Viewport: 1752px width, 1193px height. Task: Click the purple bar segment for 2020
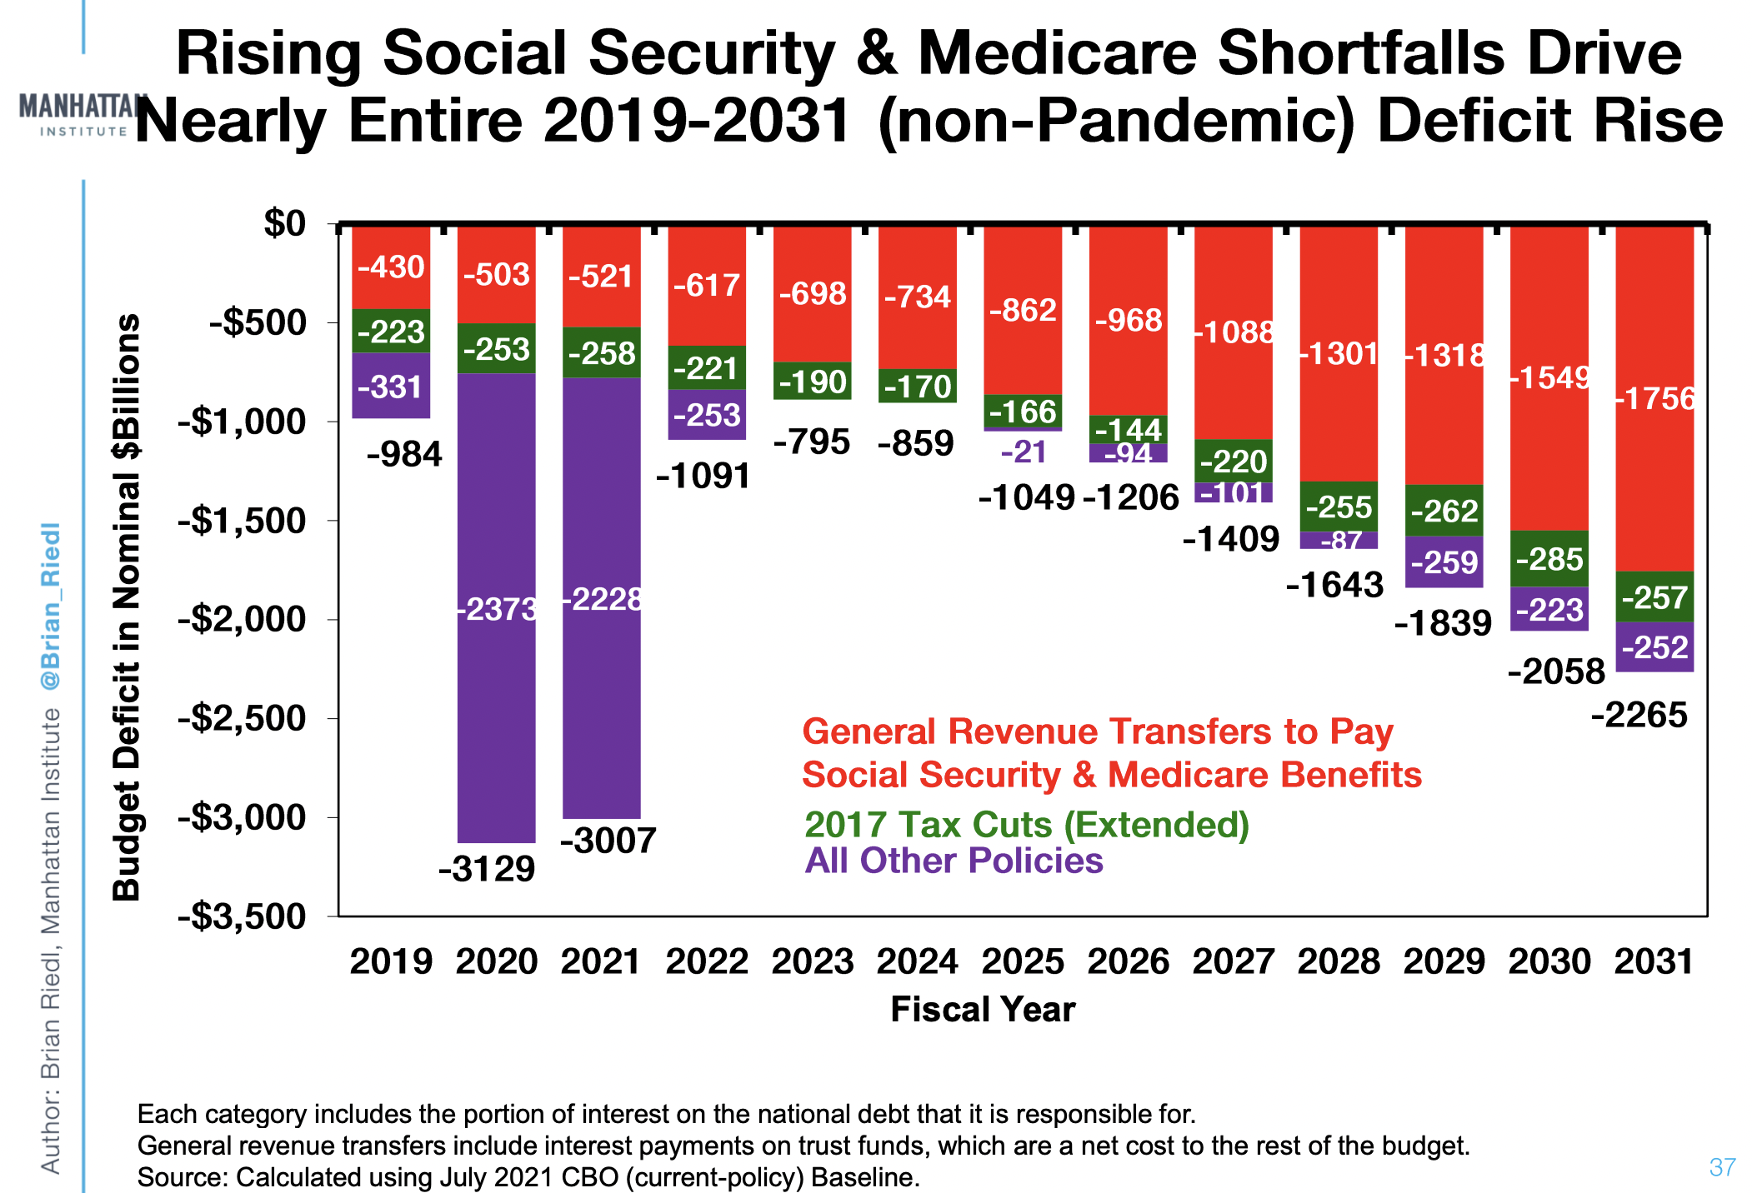(x=497, y=608)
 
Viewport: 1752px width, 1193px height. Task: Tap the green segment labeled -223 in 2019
(x=391, y=332)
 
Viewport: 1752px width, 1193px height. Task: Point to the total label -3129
(x=487, y=869)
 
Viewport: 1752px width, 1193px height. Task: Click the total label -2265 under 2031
(x=1639, y=715)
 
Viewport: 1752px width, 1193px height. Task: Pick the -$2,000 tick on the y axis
(x=242, y=620)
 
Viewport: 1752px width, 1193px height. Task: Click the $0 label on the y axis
(x=285, y=223)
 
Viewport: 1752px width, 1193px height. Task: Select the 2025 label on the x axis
(x=1023, y=961)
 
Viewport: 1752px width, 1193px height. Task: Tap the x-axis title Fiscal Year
(x=983, y=1009)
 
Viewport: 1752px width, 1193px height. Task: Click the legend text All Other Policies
(x=954, y=861)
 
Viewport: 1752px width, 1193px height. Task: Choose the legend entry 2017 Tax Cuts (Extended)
(x=1026, y=824)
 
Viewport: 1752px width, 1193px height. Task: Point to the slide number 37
(x=1722, y=1167)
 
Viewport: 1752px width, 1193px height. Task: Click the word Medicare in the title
(x=1057, y=53)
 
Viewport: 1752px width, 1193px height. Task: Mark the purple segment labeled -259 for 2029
(x=1444, y=562)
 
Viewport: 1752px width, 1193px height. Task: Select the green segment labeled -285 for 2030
(x=1549, y=558)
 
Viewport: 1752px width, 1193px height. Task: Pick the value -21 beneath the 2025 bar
(x=1023, y=452)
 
